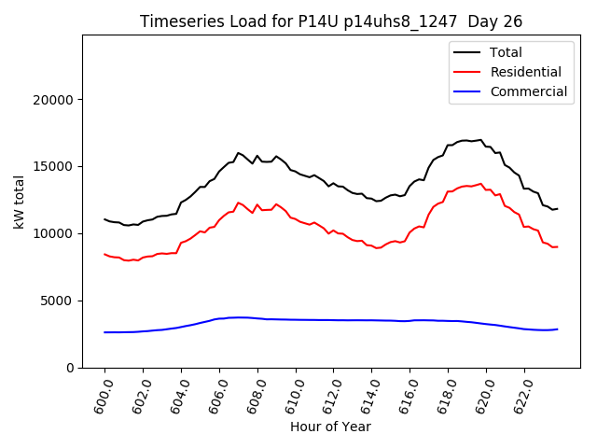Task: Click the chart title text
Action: coord(331,21)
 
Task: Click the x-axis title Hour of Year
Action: coord(330,427)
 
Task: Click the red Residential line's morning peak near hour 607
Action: coord(239,203)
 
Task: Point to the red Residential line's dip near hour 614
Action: coord(378,248)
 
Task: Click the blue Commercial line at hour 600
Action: coord(105,332)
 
